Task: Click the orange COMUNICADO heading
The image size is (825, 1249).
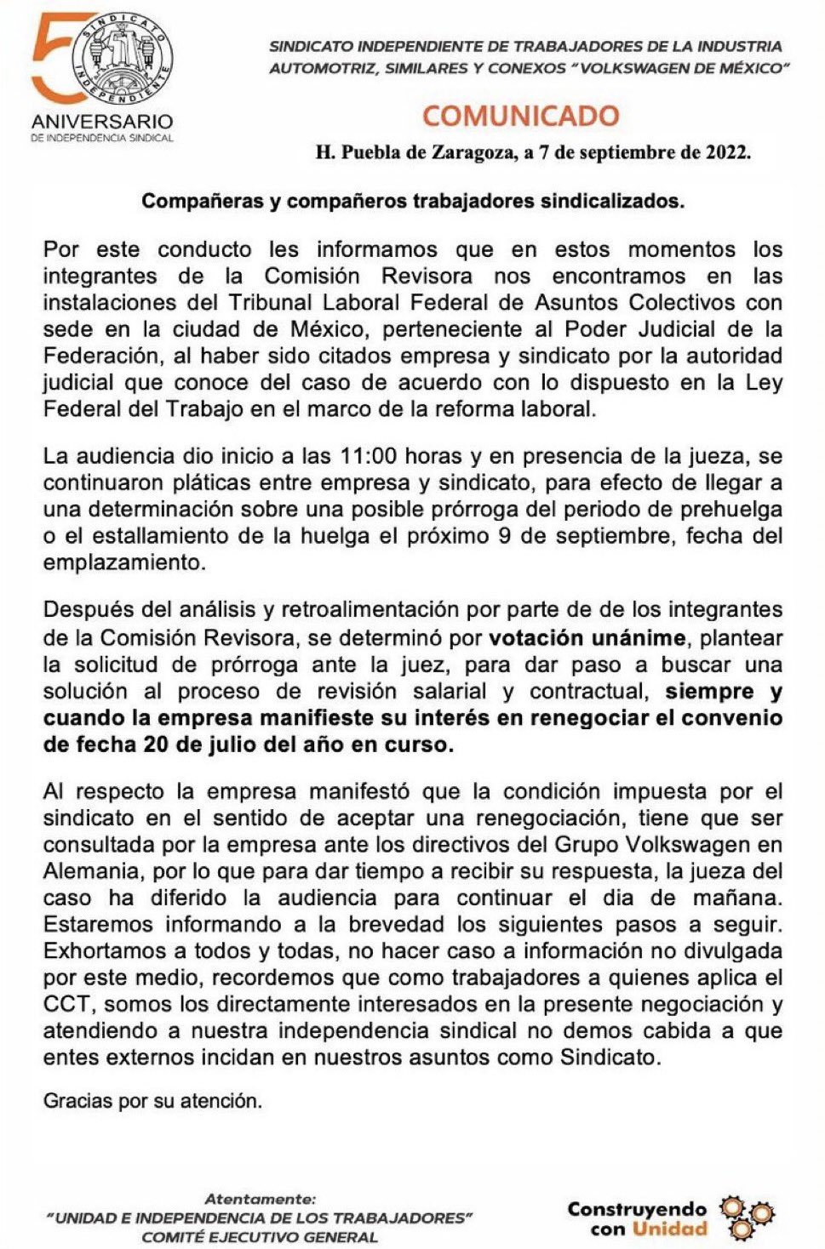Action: (520, 116)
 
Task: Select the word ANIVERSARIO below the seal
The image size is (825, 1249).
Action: (102, 122)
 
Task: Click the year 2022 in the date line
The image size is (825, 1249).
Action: (727, 153)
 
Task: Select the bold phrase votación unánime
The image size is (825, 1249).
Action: (587, 638)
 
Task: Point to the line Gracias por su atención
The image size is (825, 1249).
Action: (152, 1101)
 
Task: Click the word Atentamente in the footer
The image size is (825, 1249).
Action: (260, 1200)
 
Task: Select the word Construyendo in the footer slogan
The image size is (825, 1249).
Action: (638, 1209)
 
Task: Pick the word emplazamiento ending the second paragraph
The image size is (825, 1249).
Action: (123, 562)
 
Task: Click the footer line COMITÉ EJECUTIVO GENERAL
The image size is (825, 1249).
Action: (260, 1237)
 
